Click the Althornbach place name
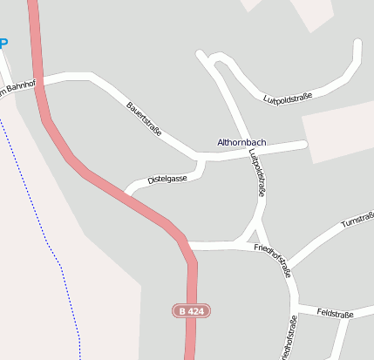pos(241,142)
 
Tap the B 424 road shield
pos(192,311)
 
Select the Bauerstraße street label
pos(144,119)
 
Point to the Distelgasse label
pos(167,179)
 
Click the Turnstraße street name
pos(357,219)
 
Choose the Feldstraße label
pos(334,312)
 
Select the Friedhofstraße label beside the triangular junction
pos(272,259)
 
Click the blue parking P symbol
pos(3,42)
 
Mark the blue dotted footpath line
pos(52,253)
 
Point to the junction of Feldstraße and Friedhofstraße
pos(297,307)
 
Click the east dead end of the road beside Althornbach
pos(305,144)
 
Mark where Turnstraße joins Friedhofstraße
pos(287,265)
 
